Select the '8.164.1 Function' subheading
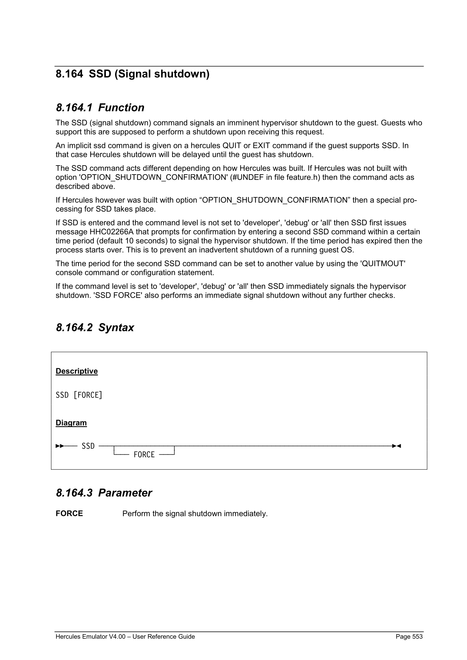pos(100,108)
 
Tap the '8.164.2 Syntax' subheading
pos(95,328)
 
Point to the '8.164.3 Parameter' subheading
pos(104,493)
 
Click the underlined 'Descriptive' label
pos(77,371)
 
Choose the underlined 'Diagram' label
pos(71,423)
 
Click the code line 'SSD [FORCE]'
pos(79,395)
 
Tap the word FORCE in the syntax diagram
pos(144,455)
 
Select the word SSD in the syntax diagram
pos(88,446)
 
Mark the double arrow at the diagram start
pos(60,446)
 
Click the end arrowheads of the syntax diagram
pos(396,446)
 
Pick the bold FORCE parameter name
pos(69,514)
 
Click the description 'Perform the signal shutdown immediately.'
pos(195,514)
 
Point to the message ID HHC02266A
pos(111,232)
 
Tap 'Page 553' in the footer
pos(409,637)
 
